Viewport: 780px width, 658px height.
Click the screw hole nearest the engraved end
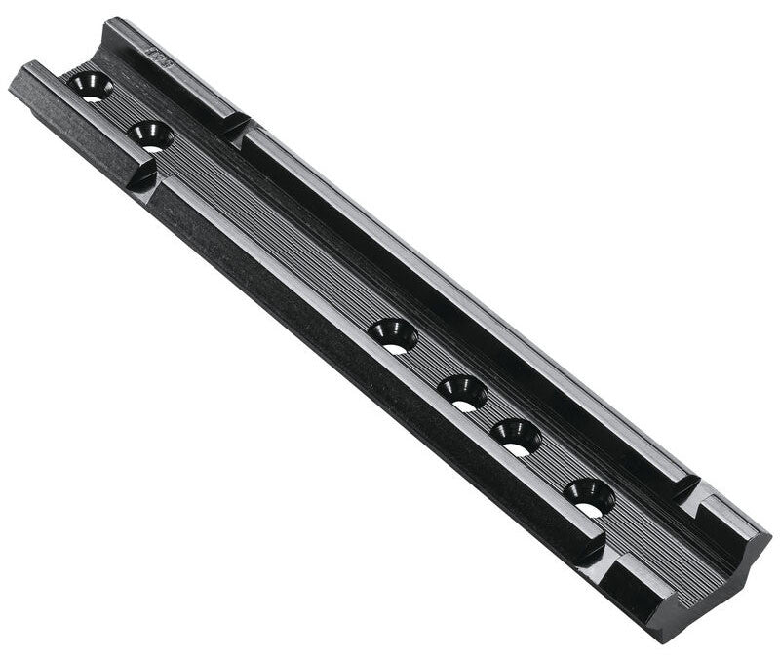click(91, 86)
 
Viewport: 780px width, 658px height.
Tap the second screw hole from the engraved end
click(150, 135)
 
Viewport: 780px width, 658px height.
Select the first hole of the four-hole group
click(393, 334)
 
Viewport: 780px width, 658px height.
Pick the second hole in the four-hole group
click(461, 391)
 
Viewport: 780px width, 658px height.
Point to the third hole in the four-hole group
click(515, 436)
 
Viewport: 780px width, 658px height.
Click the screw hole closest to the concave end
click(589, 496)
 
